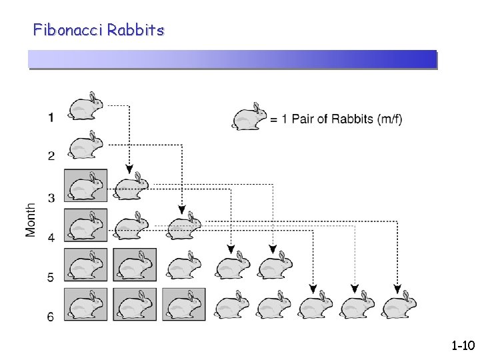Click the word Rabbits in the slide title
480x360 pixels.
tap(135, 30)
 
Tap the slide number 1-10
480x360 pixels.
tap(462, 346)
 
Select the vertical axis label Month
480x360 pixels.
tap(31, 219)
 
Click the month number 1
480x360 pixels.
tap(51, 118)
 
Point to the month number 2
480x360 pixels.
tap(51, 156)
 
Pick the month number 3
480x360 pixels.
tap(51, 197)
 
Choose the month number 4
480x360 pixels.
tap(51, 237)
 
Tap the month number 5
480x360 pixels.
tap(51, 277)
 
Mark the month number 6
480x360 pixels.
tap(51, 317)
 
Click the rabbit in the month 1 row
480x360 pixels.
tap(86, 107)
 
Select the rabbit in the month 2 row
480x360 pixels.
tap(86, 145)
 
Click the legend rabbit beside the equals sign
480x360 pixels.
tap(249, 118)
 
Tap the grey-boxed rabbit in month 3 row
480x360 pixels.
tap(86, 186)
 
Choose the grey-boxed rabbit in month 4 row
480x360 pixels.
tap(86, 225)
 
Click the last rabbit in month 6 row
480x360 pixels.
tap(399, 305)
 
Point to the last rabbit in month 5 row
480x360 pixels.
tap(275, 265)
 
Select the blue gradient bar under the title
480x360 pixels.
tap(232, 60)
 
